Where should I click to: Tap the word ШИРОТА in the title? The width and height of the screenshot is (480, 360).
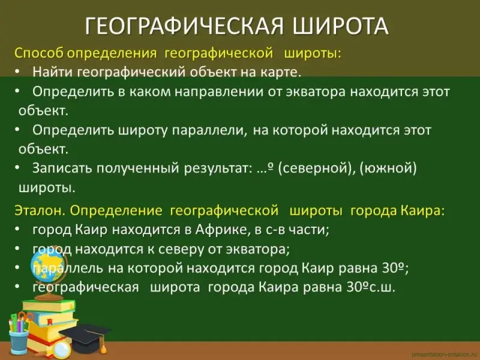coord(340,26)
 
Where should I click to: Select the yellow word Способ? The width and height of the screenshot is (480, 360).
coord(39,53)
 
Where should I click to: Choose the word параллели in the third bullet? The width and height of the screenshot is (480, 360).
coord(209,130)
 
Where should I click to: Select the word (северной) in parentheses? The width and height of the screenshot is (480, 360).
coord(316,169)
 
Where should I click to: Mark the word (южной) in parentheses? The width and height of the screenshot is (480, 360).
coord(388,169)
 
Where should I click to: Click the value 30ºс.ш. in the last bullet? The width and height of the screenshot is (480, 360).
coord(371,287)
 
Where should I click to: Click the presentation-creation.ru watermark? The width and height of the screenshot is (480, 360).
coord(445,354)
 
